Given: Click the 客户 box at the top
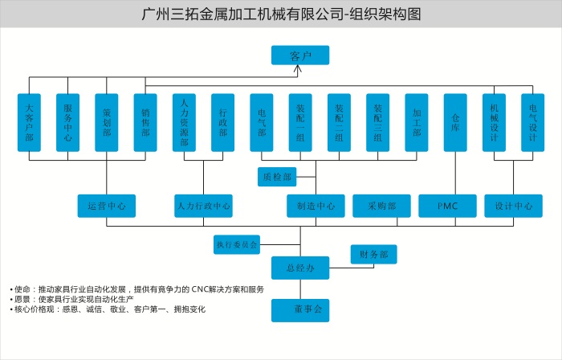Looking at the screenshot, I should tap(299, 55).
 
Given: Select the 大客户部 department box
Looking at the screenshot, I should tap(29, 122).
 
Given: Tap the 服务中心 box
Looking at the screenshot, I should tap(67, 122).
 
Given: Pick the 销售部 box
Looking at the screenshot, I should tap(145, 122).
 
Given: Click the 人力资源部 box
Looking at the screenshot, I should tap(184, 122).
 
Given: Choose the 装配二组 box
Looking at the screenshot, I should tap(339, 122).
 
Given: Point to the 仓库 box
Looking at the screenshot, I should tap(455, 122).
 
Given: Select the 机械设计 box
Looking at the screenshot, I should tap(494, 122).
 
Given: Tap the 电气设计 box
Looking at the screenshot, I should tap(532, 122).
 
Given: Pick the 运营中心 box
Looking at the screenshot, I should tap(107, 206).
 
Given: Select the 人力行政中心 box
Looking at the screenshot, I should tap(204, 206).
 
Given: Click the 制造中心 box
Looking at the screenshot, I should tap(316, 206).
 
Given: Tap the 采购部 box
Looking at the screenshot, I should tap(381, 206).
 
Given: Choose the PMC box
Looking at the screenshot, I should tap(447, 206).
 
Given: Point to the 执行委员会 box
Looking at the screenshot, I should tap(237, 243).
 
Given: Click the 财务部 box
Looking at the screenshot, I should tap(373, 255).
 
